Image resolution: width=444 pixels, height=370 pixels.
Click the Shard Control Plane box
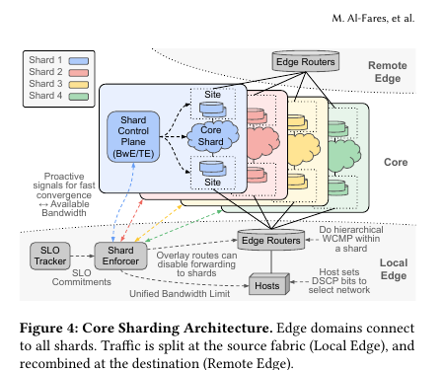coord(133,137)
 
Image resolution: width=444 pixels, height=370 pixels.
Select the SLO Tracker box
coord(50,256)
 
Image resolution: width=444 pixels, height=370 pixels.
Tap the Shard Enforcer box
coord(120,256)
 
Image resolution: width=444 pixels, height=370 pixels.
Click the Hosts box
coord(269,284)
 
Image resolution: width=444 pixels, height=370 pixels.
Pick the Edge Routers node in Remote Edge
coord(306,61)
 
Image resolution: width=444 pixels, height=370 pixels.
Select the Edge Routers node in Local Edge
coord(271,240)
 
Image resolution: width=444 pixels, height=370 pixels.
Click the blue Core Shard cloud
coord(213,136)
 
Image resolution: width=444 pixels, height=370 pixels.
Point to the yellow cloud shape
coord(303,149)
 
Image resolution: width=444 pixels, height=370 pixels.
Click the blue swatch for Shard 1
coord(79,61)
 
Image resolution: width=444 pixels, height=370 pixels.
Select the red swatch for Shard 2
coord(79,73)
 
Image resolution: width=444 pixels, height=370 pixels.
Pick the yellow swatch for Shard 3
coord(79,85)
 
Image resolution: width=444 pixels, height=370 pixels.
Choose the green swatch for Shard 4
coord(79,97)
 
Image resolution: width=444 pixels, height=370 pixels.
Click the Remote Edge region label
coord(388,72)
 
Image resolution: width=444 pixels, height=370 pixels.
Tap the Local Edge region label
coord(394,269)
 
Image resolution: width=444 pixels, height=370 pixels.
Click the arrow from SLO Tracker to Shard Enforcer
coord(82,256)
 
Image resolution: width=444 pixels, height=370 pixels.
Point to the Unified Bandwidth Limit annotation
coord(180,293)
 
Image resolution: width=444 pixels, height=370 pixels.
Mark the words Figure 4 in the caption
coord(48,329)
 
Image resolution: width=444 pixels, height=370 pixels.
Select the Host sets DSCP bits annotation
coord(339,281)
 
